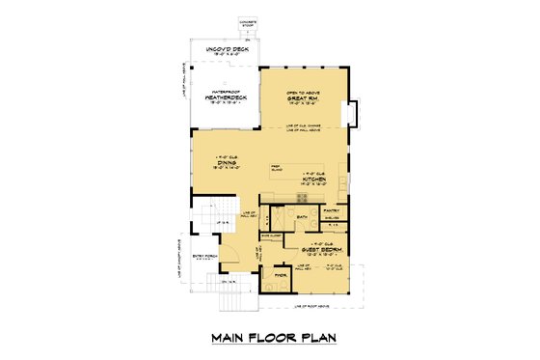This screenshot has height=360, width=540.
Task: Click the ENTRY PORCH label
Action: click(x=206, y=256)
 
